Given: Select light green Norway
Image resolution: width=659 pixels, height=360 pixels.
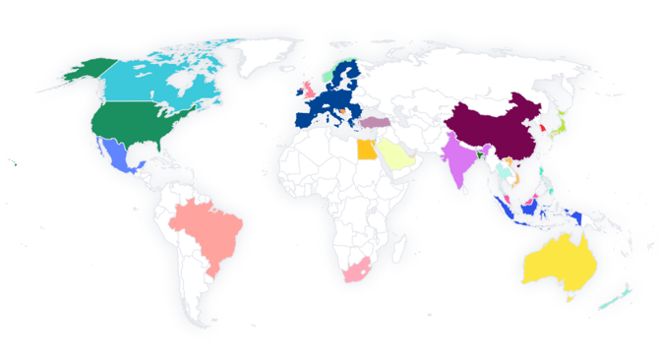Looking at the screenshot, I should (x=328, y=77).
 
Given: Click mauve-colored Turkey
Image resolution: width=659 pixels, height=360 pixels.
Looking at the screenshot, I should (x=378, y=124).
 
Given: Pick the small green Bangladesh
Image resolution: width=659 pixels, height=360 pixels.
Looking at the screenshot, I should (x=482, y=153).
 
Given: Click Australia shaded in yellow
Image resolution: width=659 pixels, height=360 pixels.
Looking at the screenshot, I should (x=556, y=261).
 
